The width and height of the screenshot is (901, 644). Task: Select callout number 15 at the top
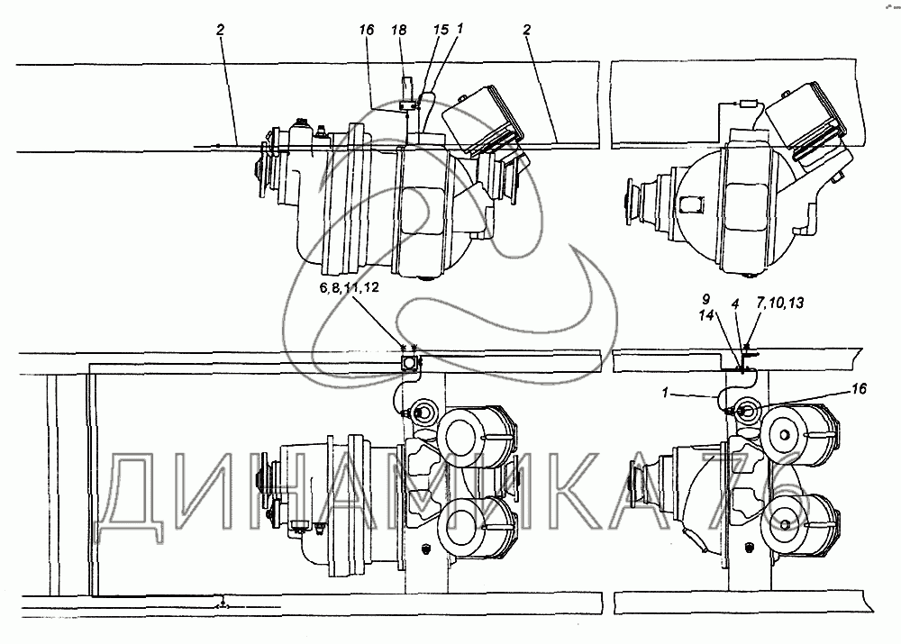441,30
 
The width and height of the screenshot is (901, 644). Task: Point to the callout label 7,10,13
779,304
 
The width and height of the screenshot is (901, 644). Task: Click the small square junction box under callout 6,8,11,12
410,364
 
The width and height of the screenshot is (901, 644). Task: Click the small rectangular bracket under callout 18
407,105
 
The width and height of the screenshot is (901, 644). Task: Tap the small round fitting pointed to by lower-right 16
745,412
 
